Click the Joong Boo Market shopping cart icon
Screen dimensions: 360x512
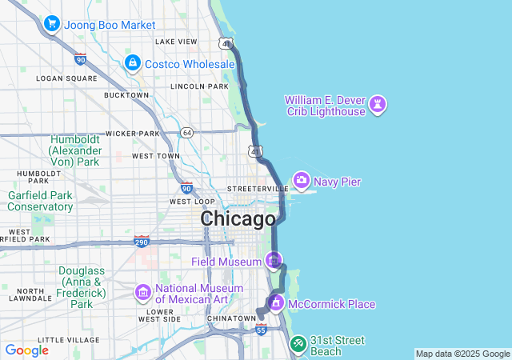[52, 24]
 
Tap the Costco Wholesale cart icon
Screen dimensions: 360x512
[132, 62]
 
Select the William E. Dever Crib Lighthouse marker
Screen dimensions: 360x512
[378, 104]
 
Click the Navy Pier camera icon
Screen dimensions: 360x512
[302, 181]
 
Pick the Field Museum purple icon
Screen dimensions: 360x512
[274, 261]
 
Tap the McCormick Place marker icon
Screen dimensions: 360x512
[275, 303]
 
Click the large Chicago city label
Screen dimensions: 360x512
[238, 218]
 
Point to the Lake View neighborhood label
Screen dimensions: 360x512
[176, 42]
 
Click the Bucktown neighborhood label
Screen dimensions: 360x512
[126, 95]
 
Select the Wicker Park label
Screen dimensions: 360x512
[133, 133]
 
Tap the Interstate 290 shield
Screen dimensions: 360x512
[142, 241]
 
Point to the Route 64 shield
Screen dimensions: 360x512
[187, 132]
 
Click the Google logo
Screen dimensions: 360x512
[26, 350]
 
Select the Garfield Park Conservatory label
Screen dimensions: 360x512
[40, 201]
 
